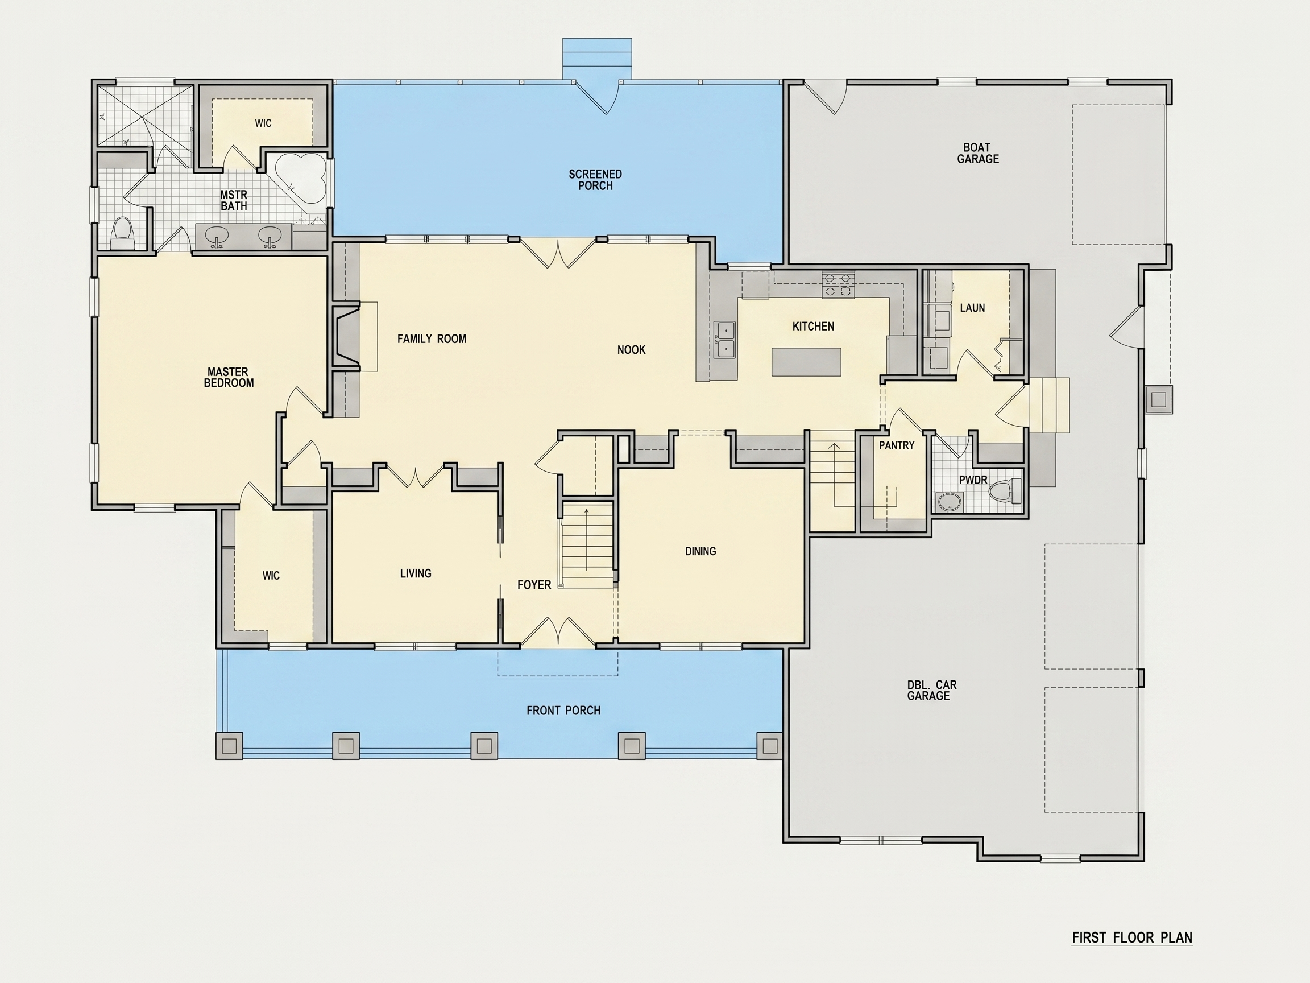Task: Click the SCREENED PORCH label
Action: [595, 180]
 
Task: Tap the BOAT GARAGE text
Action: [978, 153]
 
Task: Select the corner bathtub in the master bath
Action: [301, 177]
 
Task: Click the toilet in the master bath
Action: [123, 233]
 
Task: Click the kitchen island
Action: [806, 362]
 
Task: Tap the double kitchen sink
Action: [724, 340]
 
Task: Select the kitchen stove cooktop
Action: [838, 284]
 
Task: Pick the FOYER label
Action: [534, 585]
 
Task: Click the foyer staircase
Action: [587, 544]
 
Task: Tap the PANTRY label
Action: [897, 445]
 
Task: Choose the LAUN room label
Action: [972, 308]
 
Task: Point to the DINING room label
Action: [700, 551]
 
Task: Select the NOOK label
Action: [631, 350]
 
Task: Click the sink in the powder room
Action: [949, 502]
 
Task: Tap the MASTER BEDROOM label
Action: [229, 377]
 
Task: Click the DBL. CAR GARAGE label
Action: [931, 690]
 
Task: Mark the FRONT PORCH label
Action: [563, 711]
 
